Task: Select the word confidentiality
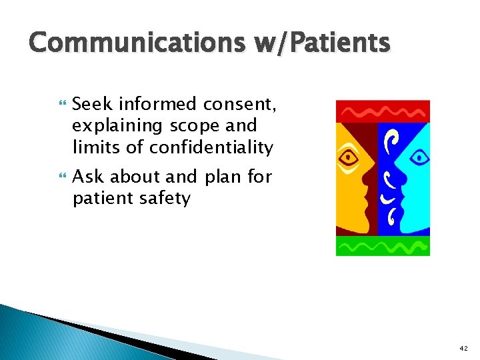pos(211,147)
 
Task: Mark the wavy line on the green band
pos(383,247)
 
